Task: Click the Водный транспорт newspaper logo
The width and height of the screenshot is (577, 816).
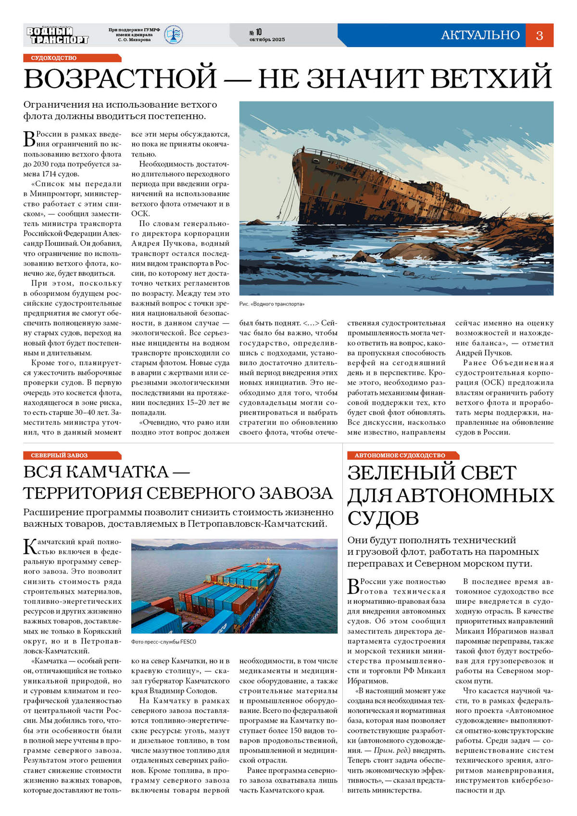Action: pos(57,35)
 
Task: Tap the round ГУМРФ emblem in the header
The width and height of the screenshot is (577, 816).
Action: pos(173,35)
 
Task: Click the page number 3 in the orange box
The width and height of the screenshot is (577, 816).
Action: pos(539,35)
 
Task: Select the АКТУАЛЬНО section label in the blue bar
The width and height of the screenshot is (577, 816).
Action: pos(480,35)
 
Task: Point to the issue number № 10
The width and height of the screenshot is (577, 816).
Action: pos(255,32)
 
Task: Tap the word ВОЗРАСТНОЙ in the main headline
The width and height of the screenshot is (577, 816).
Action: pos(120,78)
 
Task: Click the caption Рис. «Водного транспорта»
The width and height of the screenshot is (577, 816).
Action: pos(272,304)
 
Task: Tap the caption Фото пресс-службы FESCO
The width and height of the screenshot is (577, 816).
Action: pos(163,642)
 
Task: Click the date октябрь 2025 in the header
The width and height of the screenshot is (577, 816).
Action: pos(267,39)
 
